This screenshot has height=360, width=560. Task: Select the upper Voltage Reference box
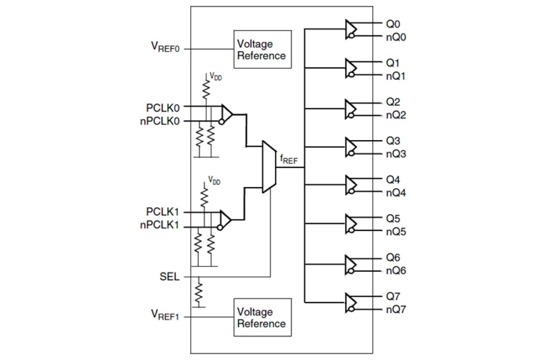pyautogui.click(x=262, y=49)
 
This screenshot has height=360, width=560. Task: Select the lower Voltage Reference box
pyautogui.click(x=262, y=317)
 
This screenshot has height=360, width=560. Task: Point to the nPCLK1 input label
pyautogui.click(x=160, y=226)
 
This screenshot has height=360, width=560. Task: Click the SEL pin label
pyautogui.click(x=169, y=277)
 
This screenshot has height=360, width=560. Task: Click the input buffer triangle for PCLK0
pyautogui.click(x=226, y=114)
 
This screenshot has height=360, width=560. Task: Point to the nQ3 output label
pyautogui.click(x=395, y=154)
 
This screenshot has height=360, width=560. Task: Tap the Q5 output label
pyautogui.click(x=393, y=219)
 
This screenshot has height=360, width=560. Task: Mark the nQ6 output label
pyautogui.click(x=395, y=271)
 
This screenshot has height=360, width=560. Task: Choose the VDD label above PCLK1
pyautogui.click(x=214, y=182)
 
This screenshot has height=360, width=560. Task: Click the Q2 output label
pyautogui.click(x=393, y=101)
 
